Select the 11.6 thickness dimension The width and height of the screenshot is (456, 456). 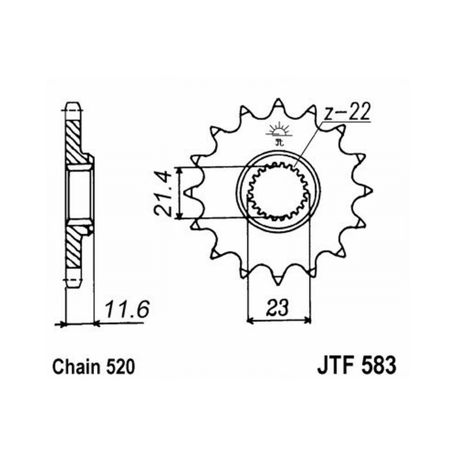(127, 310)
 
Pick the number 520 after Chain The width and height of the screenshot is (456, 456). (120, 367)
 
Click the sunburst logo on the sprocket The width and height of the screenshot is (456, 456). (279, 133)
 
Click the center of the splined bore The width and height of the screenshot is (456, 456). (278, 192)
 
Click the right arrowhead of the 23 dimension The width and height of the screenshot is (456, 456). (308, 321)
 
